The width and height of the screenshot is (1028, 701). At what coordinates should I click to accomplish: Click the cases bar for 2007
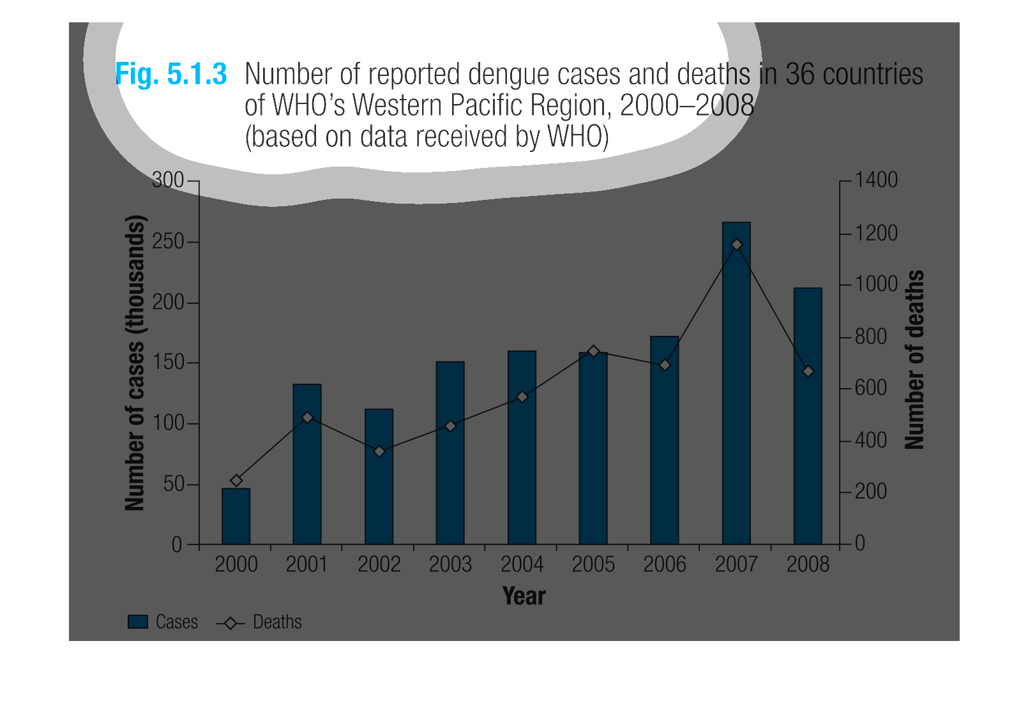[736, 396]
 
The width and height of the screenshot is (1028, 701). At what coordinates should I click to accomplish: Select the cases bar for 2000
[236, 516]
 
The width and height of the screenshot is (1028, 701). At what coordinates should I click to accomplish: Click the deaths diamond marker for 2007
[737, 245]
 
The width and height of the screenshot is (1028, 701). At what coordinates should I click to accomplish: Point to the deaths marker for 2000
[236, 481]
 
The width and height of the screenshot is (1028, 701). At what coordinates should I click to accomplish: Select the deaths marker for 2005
[593, 351]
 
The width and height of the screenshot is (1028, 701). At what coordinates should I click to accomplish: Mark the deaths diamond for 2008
[808, 371]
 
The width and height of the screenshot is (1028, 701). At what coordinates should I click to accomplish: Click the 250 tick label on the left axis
[168, 241]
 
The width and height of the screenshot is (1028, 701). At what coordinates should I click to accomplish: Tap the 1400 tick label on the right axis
[876, 180]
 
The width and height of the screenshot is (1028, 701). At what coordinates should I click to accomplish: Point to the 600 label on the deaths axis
[871, 388]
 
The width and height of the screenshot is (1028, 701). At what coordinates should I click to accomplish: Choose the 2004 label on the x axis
[522, 564]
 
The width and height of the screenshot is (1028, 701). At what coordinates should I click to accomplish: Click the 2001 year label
[307, 564]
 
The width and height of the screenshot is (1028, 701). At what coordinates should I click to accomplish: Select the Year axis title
[524, 596]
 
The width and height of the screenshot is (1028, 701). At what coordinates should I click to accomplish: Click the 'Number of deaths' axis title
[914, 359]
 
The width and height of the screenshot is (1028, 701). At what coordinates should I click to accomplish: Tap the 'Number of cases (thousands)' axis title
[135, 363]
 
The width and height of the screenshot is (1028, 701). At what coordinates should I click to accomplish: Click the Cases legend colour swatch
[138, 622]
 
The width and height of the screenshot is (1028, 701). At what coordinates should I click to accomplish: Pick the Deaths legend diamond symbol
[231, 622]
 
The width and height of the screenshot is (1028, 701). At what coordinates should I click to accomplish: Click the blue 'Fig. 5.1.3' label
[171, 74]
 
